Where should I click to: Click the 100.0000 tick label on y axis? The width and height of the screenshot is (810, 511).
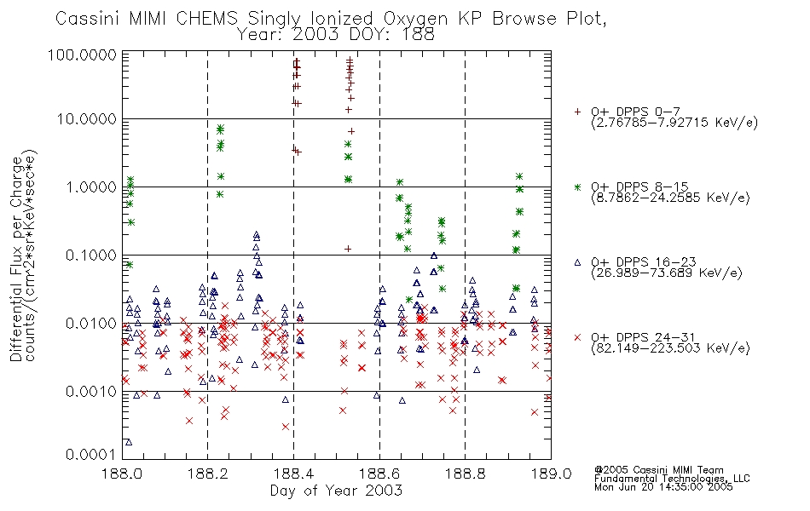click(x=82, y=55)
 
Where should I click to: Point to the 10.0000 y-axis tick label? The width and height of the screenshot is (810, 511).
click(x=87, y=119)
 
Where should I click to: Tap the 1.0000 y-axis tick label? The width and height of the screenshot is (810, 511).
click(x=91, y=187)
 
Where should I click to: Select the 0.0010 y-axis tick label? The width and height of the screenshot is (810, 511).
click(x=91, y=392)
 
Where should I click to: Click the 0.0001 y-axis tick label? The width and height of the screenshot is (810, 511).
click(x=91, y=455)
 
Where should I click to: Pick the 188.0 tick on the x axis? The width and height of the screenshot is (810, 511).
click(x=122, y=474)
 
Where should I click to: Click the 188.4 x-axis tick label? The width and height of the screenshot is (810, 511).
click(x=293, y=474)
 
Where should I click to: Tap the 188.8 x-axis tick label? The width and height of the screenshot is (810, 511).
click(x=465, y=474)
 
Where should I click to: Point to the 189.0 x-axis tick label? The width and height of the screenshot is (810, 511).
click(x=551, y=474)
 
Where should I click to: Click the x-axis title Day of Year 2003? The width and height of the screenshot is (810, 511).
click(x=336, y=491)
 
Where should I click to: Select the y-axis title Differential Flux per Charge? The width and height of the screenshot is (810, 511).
click(x=16, y=259)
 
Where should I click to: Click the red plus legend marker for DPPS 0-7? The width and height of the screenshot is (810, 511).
click(x=577, y=112)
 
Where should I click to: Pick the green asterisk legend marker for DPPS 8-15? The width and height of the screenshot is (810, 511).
click(x=577, y=187)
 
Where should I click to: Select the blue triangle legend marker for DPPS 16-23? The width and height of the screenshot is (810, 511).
click(x=577, y=262)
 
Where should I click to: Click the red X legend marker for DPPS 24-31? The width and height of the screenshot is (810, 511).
click(x=577, y=337)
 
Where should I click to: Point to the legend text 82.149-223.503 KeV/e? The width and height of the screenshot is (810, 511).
click(x=670, y=348)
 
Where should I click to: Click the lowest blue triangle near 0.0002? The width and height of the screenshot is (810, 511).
click(x=129, y=442)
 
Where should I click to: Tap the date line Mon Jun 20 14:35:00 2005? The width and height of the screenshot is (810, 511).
click(x=663, y=487)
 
